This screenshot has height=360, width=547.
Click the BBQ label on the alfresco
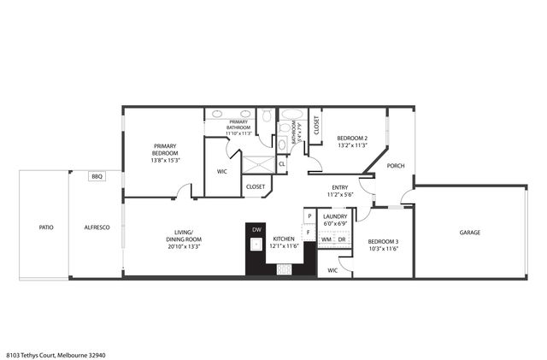click(97, 176)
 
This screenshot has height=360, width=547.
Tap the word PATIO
click(45, 227)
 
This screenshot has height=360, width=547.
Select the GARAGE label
click(469, 233)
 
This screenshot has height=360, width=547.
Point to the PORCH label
click(396, 166)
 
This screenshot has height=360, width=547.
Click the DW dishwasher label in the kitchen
click(256, 230)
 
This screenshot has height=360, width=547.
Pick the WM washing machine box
click(326, 239)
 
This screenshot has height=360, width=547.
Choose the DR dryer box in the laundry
click(341, 239)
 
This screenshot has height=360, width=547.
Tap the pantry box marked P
click(308, 216)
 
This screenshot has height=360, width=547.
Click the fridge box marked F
click(308, 233)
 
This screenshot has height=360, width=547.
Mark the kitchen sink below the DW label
click(256, 245)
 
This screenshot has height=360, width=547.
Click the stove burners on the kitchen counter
click(284, 269)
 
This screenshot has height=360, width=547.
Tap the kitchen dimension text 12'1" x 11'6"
click(284, 246)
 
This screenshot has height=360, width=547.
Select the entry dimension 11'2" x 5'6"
click(341, 194)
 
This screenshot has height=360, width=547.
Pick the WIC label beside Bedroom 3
click(332, 270)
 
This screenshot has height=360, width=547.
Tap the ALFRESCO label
click(96, 227)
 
